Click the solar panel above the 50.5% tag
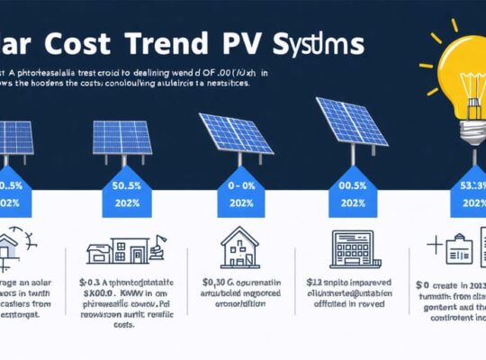tap(122, 136)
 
